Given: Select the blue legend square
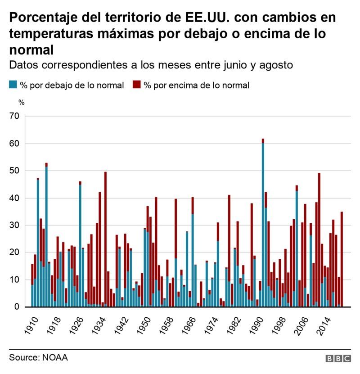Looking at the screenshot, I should coord(13,85).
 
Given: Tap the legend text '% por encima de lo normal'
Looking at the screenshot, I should coord(196,85).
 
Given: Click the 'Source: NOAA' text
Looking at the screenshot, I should coord(38,358).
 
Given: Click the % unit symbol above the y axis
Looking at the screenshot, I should coord(21,102).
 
